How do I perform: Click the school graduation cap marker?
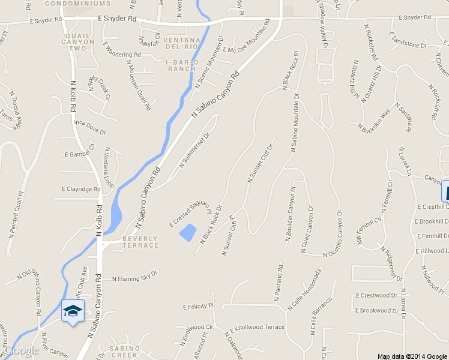tap(73, 311)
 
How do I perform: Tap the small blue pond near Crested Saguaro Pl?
tap(188, 232)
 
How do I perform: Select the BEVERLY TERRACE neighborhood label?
tap(140, 242)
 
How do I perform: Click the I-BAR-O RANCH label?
tap(181, 65)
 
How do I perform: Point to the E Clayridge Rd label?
tap(81, 189)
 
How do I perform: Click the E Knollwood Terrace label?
tap(257, 328)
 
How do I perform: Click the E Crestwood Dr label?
tap(377, 295)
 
